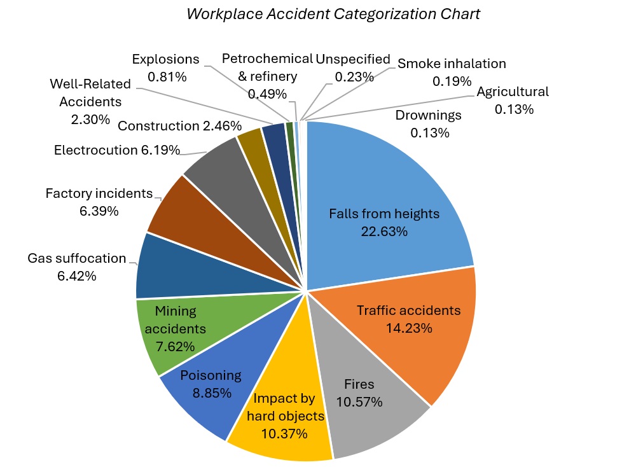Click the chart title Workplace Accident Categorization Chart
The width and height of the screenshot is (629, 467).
(x=333, y=14)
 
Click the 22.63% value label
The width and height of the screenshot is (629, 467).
(x=384, y=231)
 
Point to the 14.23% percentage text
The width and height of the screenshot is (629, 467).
(x=409, y=328)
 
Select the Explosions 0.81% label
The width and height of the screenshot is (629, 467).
(x=166, y=68)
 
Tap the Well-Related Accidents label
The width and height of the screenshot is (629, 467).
(x=90, y=101)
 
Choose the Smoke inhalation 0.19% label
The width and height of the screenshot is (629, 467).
(x=452, y=72)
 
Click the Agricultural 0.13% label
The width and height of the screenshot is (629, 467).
(x=513, y=100)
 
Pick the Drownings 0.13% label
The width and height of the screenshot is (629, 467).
(x=429, y=124)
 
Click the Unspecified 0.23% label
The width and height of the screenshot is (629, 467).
(x=353, y=67)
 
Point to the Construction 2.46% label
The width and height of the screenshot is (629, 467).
(x=180, y=126)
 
